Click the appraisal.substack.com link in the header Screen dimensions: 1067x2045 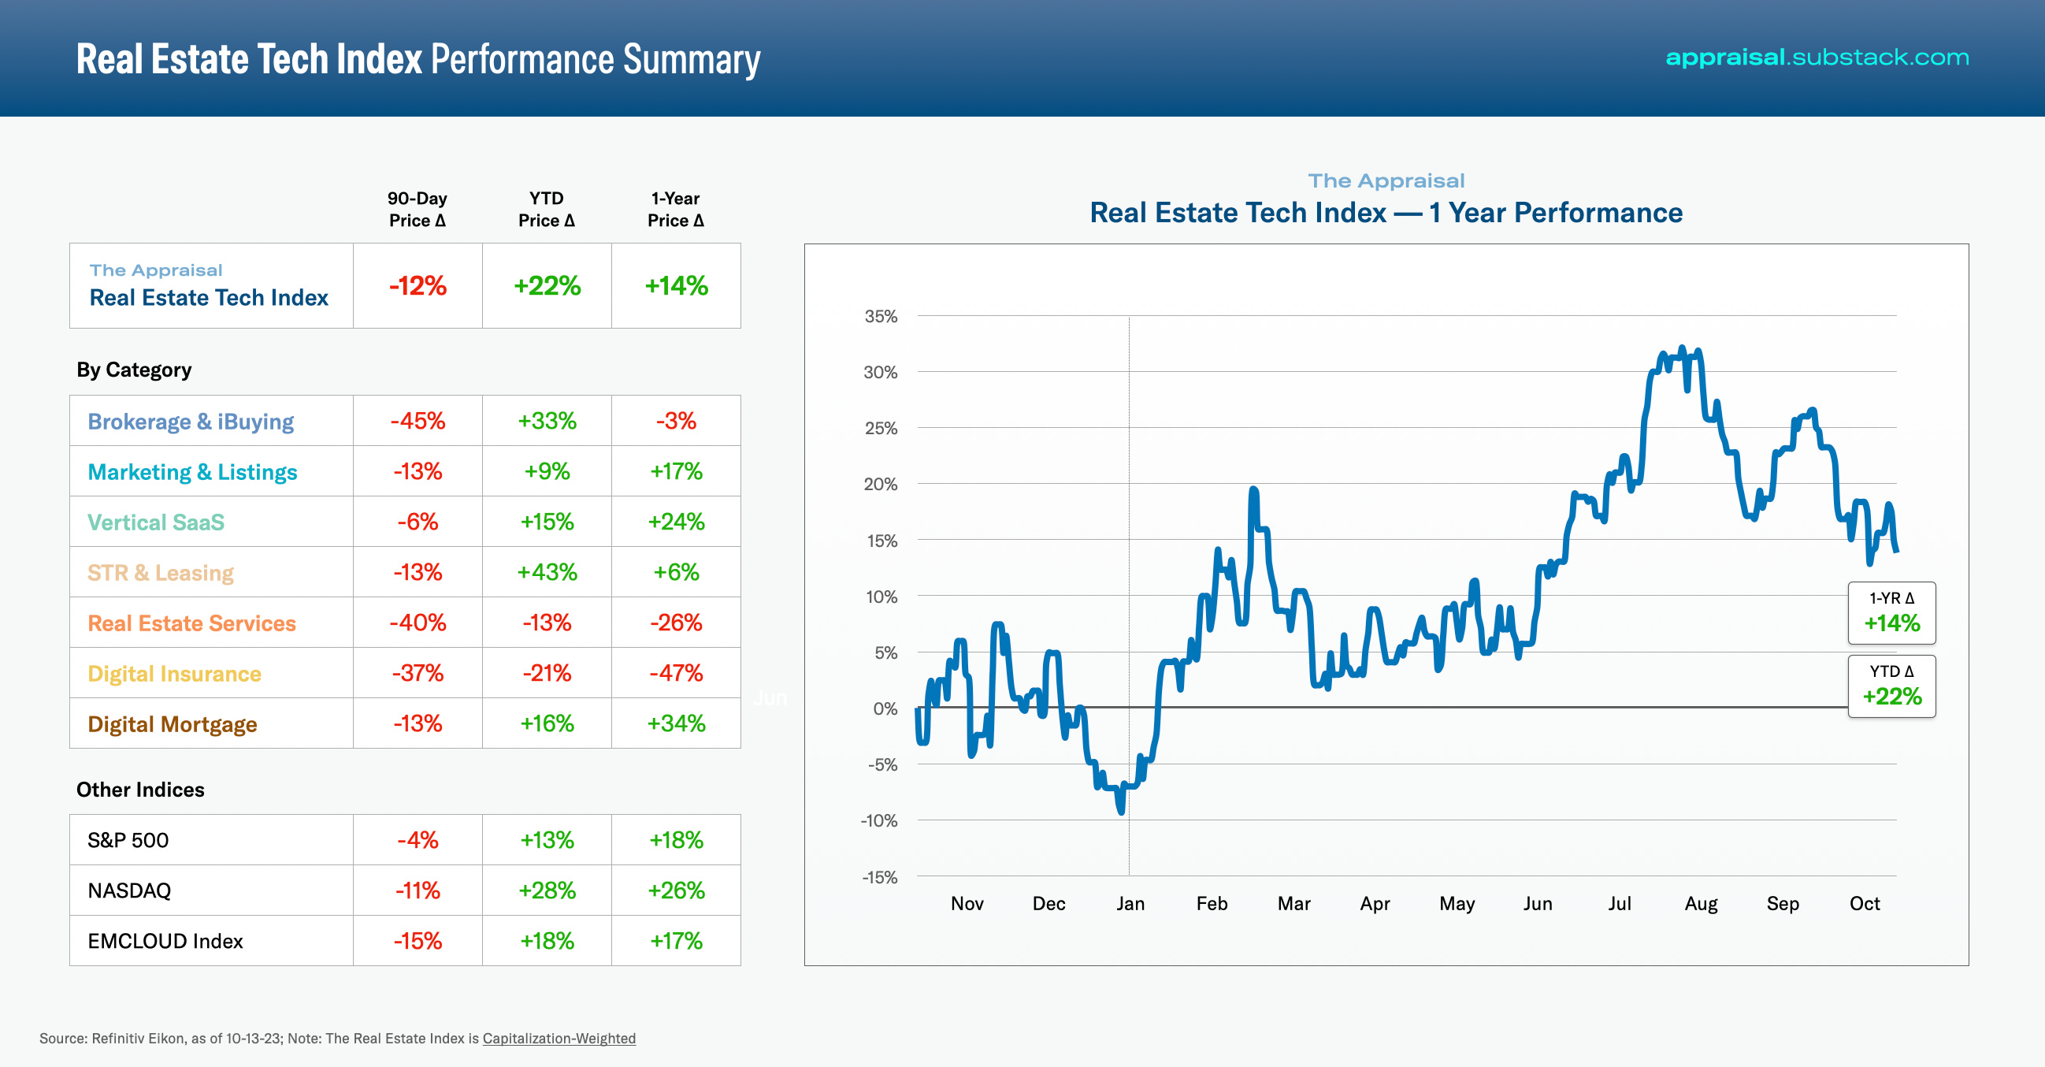1817,58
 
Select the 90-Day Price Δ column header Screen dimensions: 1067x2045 418,209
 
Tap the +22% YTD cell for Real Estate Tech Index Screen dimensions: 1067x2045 547,286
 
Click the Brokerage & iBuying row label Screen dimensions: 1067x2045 191,422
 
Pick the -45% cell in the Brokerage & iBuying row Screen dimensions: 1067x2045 418,421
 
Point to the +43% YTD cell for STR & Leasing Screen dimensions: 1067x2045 547,572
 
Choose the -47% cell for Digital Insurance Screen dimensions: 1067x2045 676,673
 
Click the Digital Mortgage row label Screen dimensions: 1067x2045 173,724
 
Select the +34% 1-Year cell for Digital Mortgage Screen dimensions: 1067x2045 676,723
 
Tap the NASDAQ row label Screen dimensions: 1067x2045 129,890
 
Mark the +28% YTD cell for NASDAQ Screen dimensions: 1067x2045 547,890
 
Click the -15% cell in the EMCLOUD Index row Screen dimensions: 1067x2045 418,941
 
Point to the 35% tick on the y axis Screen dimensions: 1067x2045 881,316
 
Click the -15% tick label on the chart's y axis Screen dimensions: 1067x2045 880,877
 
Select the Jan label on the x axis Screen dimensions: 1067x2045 1130,903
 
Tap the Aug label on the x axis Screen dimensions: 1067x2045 1701,903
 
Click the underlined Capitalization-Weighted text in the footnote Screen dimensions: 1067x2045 559,1039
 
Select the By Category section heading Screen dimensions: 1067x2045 134,370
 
